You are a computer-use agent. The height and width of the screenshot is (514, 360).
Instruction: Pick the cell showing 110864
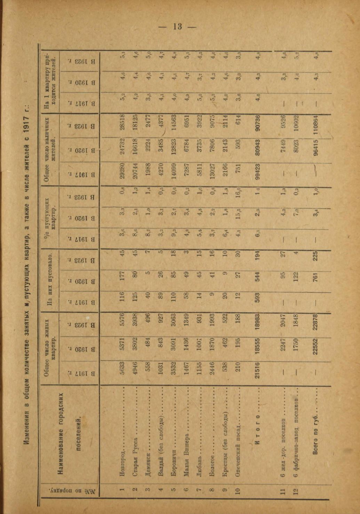[315, 126]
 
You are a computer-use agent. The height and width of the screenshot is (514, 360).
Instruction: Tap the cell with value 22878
[315, 325]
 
